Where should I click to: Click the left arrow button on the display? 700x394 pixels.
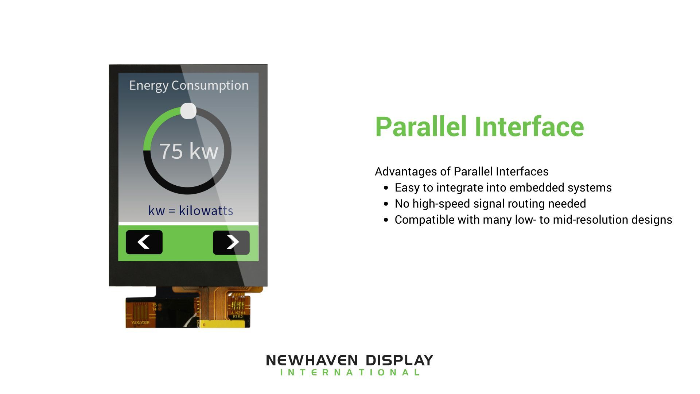(144, 242)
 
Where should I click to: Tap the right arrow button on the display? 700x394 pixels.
(231, 242)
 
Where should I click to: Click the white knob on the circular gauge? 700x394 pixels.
(188, 111)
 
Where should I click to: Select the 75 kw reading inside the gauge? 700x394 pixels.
(188, 151)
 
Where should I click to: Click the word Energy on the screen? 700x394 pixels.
(148, 85)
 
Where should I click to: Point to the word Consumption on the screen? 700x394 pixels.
(210, 85)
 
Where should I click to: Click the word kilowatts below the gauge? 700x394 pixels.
(206, 210)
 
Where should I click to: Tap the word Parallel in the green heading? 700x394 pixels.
(421, 127)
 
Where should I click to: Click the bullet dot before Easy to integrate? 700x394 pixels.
(386, 188)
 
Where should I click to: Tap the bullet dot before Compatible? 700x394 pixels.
(386, 220)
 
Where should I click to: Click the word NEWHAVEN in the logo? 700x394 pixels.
(312, 360)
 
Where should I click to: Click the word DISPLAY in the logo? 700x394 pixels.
(399, 360)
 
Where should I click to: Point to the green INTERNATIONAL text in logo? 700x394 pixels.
(350, 372)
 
